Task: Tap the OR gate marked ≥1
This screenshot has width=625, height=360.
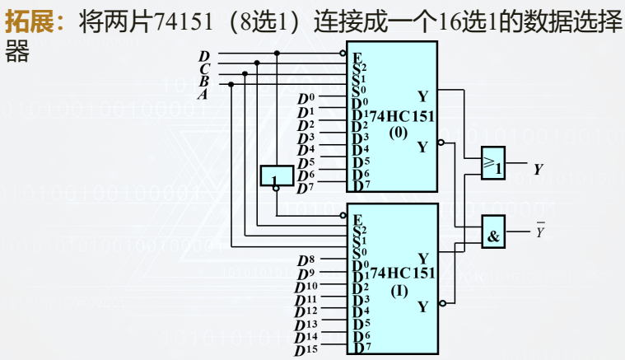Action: (492, 163)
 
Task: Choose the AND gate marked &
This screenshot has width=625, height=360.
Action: (492, 233)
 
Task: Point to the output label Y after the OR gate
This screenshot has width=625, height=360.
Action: (538, 170)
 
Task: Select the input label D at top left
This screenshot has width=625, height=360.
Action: (204, 56)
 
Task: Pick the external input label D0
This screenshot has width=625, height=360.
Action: (305, 100)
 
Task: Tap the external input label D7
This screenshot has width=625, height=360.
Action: (305, 188)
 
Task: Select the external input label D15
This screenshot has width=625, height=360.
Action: (306, 350)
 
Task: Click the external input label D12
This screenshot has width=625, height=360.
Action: (306, 312)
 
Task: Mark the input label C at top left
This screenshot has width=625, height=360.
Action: (204, 68)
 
